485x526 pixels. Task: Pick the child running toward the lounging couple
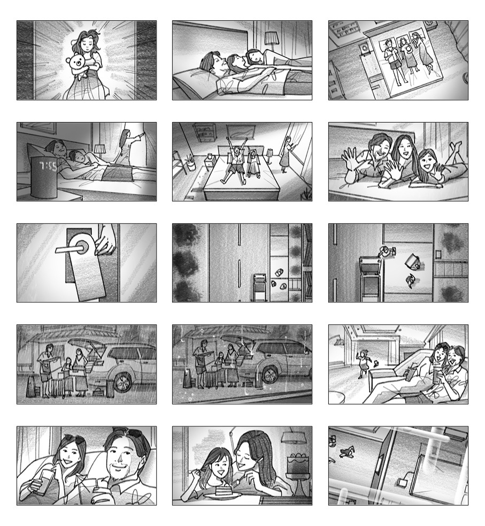[363, 364]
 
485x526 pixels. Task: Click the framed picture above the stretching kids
[241, 131]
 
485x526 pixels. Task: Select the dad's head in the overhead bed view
[388, 43]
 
